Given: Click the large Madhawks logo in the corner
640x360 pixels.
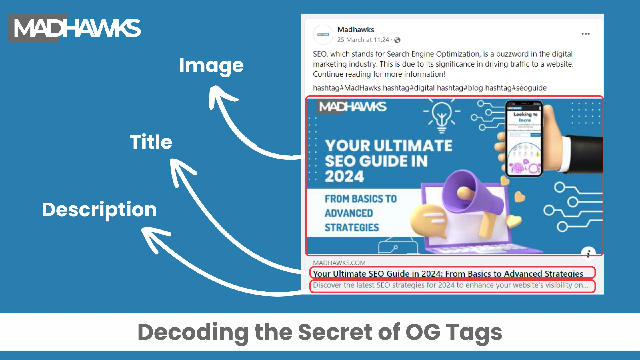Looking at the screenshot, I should coord(75,28).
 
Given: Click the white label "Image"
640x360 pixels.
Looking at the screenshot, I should coord(211,66).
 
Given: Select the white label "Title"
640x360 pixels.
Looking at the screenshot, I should coord(151,142).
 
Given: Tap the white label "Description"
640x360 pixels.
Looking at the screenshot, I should coord(99,209).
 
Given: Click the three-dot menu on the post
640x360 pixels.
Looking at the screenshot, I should coord(585,34).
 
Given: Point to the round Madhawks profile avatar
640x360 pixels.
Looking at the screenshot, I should coord(323,35).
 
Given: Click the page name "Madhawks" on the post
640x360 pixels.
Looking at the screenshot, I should coord(355,30).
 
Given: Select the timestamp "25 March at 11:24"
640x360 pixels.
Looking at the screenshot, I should coord(363,40).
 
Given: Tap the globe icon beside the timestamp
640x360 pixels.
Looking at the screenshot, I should coord(397,40).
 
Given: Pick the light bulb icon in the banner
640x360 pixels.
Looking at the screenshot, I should coord(441,116).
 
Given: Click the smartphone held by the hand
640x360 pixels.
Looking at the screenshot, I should coord(524,139).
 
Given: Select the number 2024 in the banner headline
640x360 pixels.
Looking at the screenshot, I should coord(344,176).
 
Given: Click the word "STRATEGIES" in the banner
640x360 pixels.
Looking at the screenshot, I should coord(352,228).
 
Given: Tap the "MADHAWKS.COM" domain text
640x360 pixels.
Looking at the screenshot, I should coord(339,263).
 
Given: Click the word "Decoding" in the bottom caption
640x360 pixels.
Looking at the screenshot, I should coord(193,332).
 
